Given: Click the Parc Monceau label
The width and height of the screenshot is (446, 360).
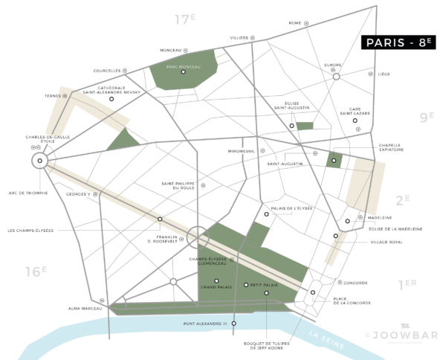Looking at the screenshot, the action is coord(182,65).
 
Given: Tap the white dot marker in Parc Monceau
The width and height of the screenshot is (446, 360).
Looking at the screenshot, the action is coord(183,72).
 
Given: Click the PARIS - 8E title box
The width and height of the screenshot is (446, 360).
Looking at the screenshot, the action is coord(398,42).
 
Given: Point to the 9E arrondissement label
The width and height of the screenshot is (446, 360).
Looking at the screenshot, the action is coord(426,116).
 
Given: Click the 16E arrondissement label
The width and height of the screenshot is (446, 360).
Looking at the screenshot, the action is coord(35,271).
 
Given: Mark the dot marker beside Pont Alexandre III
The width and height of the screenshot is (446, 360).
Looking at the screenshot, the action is coord(233,324).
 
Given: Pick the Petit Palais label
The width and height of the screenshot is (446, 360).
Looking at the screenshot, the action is coord(264,285).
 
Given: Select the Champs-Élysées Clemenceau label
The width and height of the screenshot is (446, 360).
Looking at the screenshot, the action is coord(213,262).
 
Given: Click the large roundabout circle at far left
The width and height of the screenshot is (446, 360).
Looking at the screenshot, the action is coord(40,160).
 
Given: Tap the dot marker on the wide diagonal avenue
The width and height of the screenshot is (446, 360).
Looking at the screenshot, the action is coord(160,219).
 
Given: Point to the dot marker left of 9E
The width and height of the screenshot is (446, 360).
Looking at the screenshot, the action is coord(355,120).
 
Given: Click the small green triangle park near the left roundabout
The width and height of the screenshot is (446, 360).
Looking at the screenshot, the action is coord(120,141).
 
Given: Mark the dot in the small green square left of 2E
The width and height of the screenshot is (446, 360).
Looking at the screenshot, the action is coord(334,161).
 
